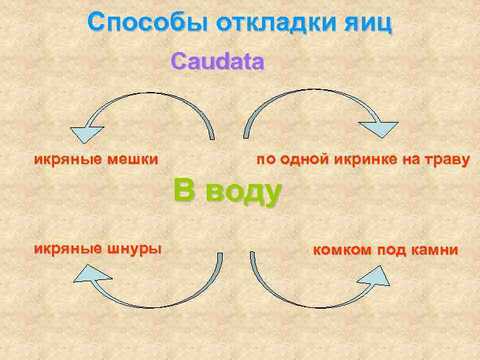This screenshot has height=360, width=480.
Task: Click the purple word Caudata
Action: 217,62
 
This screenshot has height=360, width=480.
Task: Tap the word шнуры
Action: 137,249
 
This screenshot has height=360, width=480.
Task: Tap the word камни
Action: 434,251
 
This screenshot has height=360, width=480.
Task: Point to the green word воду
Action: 244,192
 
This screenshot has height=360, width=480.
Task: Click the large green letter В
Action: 185,190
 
